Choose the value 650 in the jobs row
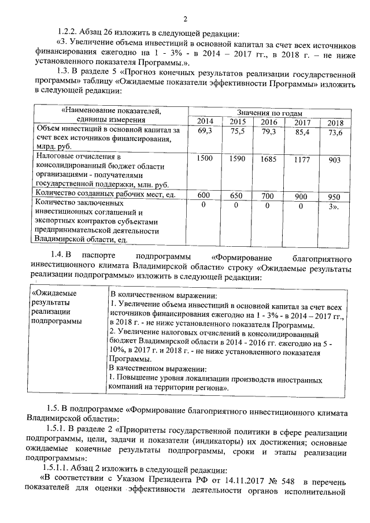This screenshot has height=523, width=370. (236, 196)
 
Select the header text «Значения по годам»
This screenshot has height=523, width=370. (269, 112)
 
